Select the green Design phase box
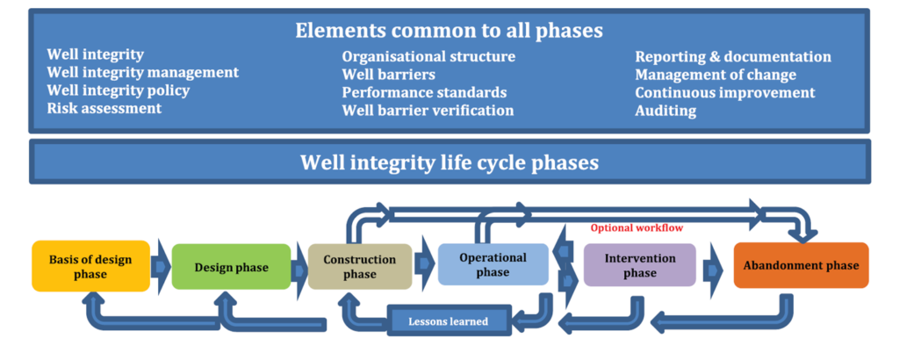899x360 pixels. tap(230, 266)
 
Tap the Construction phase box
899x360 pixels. tap(359, 266)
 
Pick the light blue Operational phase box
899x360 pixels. tap(493, 264)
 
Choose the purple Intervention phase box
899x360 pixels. tap(640, 265)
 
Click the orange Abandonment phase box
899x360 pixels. tap(801, 265)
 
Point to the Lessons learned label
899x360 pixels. tap(449, 320)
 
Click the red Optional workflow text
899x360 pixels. tap(636, 227)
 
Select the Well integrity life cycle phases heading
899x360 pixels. tap(449, 163)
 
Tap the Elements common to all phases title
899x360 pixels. tap(449, 31)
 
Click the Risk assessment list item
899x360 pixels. tap(104, 109)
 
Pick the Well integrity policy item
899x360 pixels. tap(119, 90)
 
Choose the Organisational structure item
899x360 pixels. tap(428, 57)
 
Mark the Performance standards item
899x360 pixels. tap(424, 92)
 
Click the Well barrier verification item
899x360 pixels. tap(428, 111)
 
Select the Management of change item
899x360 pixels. tap(716, 75)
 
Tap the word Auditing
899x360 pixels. tap(665, 111)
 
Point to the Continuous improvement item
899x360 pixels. tap(725, 92)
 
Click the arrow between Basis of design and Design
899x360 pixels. tap(161, 265)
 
